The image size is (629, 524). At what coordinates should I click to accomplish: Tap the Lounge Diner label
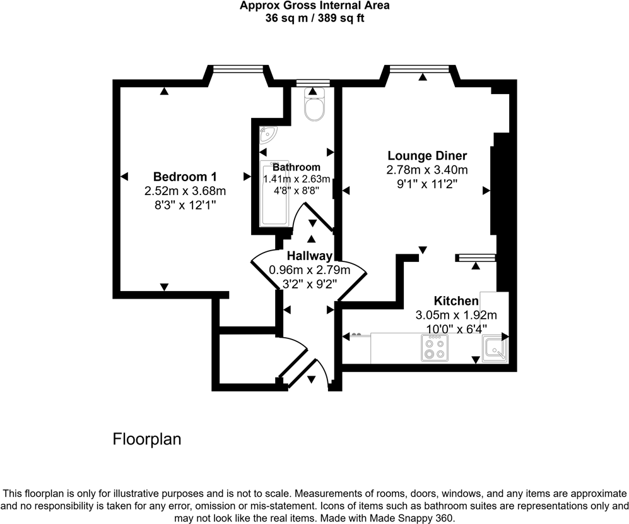427,156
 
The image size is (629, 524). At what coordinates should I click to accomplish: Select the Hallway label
309,256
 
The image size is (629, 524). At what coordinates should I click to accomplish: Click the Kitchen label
456,301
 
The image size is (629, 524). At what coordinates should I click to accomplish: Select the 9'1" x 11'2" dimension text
427,184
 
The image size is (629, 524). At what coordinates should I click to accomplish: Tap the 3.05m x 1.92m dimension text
456,315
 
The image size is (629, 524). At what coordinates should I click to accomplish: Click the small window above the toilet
313,82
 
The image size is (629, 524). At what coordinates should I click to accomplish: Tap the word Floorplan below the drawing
147,439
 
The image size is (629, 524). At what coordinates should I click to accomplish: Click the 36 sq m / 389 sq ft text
314,19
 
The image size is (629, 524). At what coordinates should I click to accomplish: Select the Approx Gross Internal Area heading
314,6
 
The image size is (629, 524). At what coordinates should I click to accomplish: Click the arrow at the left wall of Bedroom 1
125,176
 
